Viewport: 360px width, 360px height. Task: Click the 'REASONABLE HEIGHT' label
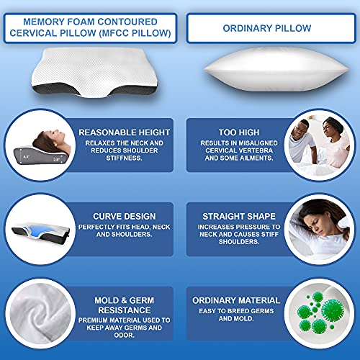[125, 132]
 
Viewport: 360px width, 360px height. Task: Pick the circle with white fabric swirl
[41, 314]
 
